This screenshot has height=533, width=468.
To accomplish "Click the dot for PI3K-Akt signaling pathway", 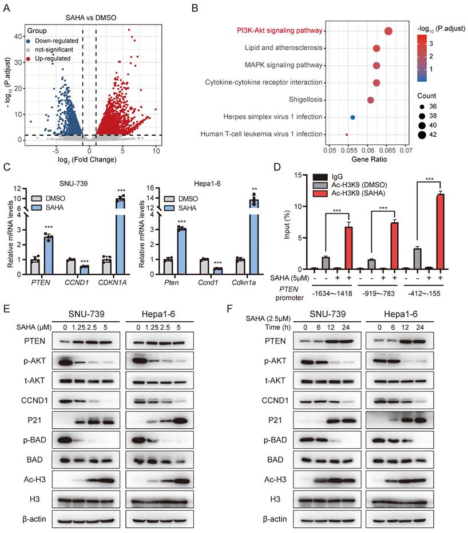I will [388, 31].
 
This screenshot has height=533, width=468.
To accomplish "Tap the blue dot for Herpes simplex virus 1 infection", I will [352, 117].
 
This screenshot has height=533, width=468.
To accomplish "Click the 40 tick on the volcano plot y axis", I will [19, 36].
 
